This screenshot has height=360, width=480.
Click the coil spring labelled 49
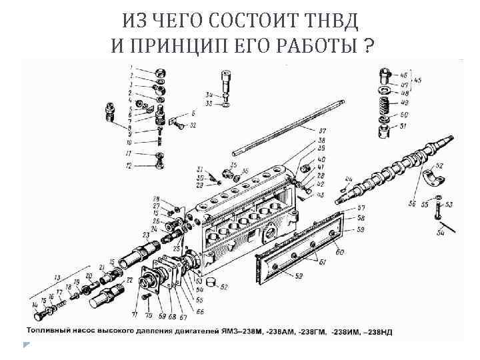tap(385, 103)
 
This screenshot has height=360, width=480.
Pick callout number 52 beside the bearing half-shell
tap(439, 165)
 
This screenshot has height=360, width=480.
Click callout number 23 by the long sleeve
tap(145, 235)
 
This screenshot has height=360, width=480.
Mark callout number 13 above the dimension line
tap(57, 276)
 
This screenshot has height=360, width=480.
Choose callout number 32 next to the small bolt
tap(193, 125)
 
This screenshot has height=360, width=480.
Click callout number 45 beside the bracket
tap(417, 80)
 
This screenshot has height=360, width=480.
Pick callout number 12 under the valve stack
tap(129, 165)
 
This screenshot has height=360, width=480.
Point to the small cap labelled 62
tap(212, 283)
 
